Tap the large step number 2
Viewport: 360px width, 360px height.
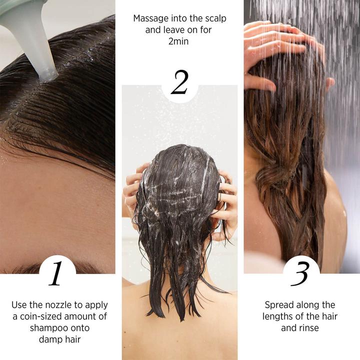click(x=179, y=83)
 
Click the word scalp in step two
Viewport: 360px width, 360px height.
click(x=214, y=18)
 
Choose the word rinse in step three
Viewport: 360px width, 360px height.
click(x=309, y=328)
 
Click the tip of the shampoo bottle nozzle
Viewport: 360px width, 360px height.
click(x=49, y=75)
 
